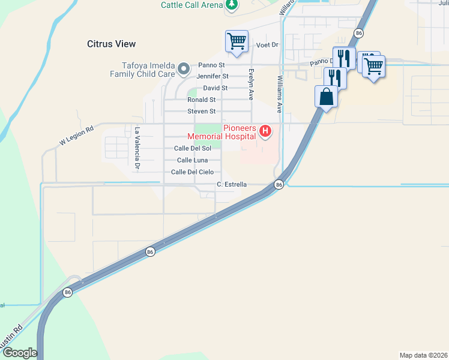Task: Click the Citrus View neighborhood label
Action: [x=111, y=44]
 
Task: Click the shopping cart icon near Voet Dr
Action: [x=237, y=41]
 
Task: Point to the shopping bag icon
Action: [x=326, y=96]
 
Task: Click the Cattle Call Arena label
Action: [x=192, y=5]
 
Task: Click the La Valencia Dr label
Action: [x=137, y=147]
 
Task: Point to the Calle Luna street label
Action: [x=192, y=160]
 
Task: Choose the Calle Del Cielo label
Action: [x=191, y=172]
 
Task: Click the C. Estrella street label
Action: [x=232, y=184]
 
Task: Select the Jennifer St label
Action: [x=212, y=76]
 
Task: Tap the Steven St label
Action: [x=201, y=111]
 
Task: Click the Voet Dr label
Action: [x=268, y=45]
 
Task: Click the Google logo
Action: [x=20, y=353]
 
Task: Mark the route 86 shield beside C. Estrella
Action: [x=279, y=185]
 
